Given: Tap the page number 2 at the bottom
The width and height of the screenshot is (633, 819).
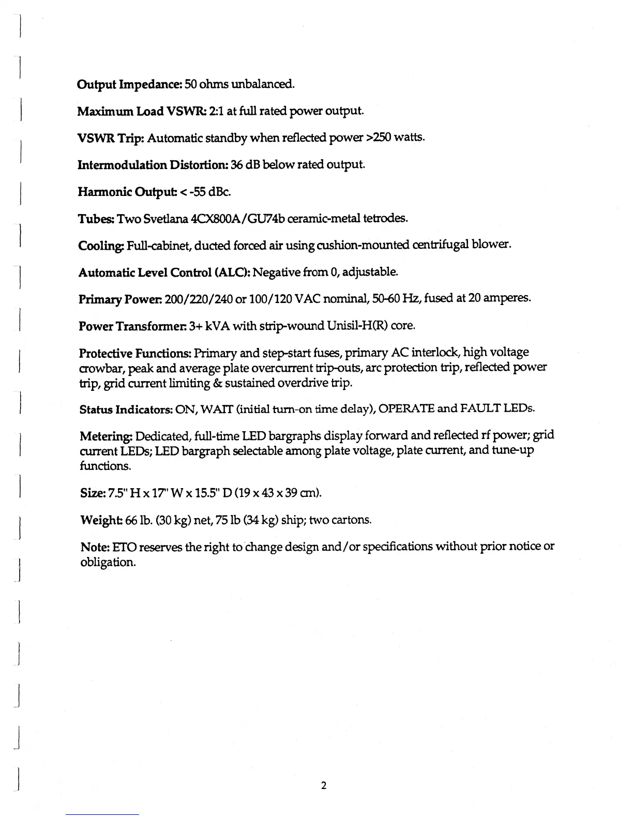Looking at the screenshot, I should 323,786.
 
